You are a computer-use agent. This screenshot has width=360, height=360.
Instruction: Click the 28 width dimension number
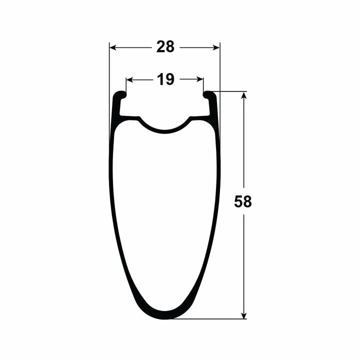(x=165, y=47)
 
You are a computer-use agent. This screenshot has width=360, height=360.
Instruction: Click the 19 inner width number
(x=165, y=79)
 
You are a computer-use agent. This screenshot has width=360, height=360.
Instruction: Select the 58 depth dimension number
(x=243, y=202)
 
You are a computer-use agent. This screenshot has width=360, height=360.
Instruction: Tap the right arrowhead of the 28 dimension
(x=216, y=48)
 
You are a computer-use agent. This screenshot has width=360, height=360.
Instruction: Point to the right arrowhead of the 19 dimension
(x=199, y=79)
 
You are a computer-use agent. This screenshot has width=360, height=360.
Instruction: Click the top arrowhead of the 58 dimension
(x=244, y=95)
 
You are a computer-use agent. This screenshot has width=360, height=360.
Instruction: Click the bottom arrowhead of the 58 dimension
(x=244, y=315)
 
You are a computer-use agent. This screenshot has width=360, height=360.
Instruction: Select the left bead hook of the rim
(x=121, y=94)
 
